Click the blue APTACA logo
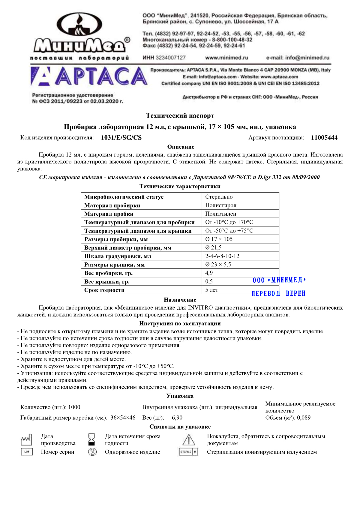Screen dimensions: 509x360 click(x=89, y=76)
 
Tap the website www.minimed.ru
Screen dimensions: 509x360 click(x=226, y=58)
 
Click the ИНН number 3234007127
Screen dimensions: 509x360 click(x=171, y=58)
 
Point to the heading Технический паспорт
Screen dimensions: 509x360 click(x=180, y=115)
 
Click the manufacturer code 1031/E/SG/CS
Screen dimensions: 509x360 click(x=121, y=138)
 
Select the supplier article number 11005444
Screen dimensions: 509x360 click(x=324, y=138)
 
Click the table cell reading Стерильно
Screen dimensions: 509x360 click(x=219, y=197)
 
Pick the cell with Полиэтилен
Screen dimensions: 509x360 click(x=220, y=214)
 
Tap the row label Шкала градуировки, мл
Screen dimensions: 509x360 click(x=118, y=256)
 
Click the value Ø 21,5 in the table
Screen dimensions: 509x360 click(x=213, y=247)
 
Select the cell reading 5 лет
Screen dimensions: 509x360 click(x=211, y=290)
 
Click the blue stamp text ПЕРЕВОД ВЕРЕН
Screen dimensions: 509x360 click(x=278, y=293)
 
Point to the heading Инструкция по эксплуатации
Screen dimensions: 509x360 click(x=180, y=324)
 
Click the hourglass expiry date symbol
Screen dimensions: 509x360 click(x=92, y=439)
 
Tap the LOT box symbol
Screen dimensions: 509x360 click(x=27, y=452)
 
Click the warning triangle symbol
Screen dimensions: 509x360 click(x=189, y=440)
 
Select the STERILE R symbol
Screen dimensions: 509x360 click(x=189, y=452)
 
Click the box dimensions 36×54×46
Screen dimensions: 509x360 click(x=123, y=418)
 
